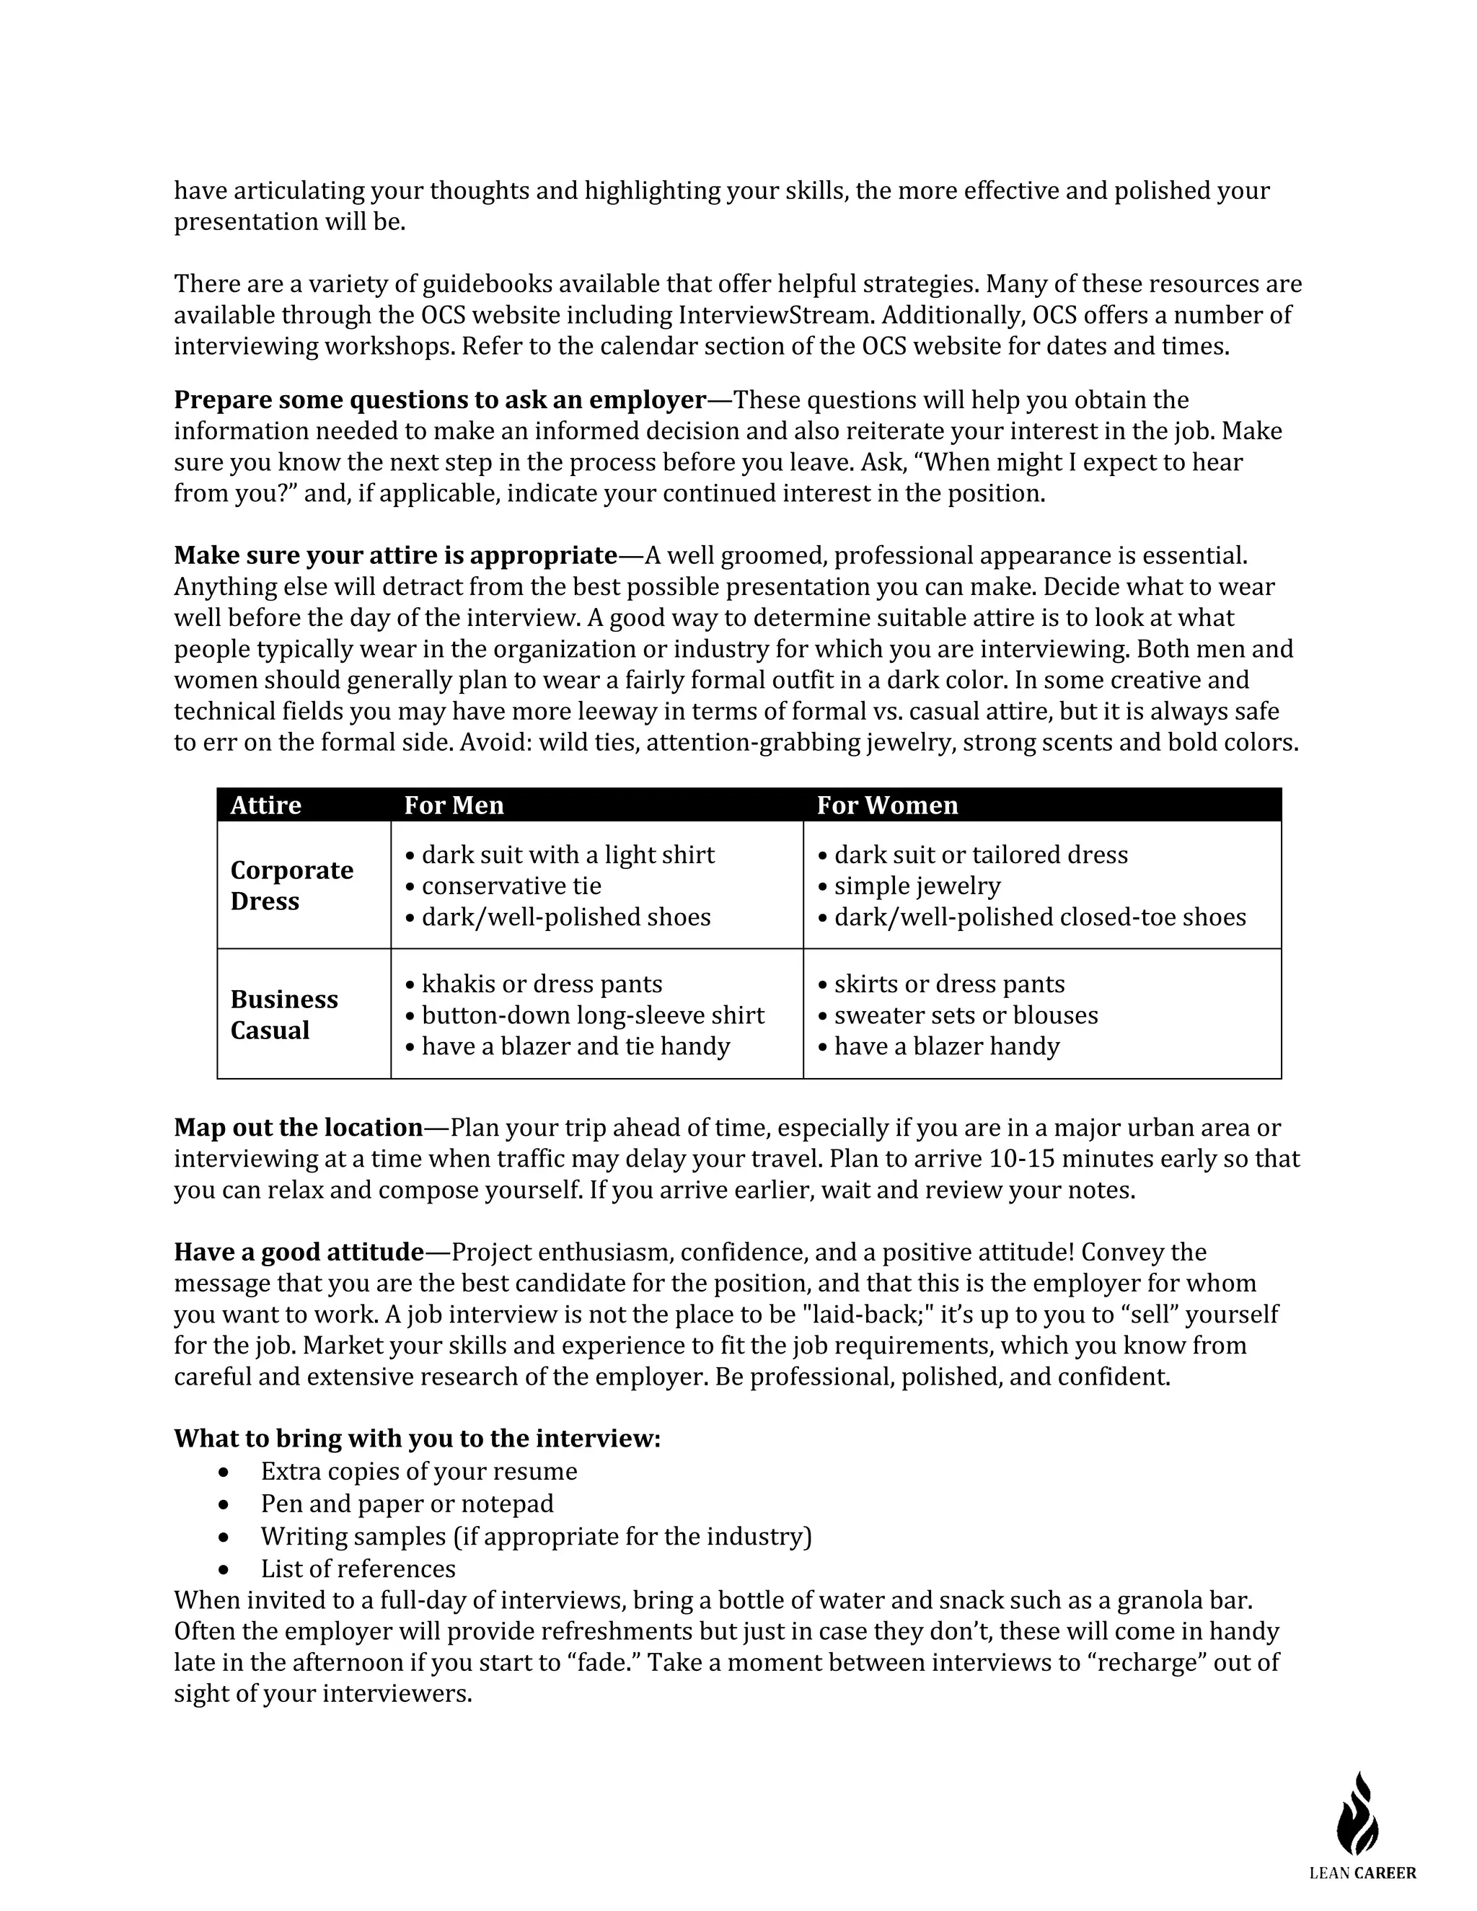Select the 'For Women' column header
[x=886, y=805]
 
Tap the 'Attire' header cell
[x=265, y=805]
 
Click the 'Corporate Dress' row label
[x=291, y=886]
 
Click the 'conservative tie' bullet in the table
[x=511, y=886]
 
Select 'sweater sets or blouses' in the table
[x=965, y=1015]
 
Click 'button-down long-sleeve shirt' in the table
[x=592, y=1015]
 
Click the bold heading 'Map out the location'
[x=299, y=1127]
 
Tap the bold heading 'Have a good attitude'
[x=299, y=1252]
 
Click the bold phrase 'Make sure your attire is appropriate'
[x=395, y=555]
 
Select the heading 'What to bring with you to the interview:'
[x=417, y=1439]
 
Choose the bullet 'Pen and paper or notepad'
[x=407, y=1504]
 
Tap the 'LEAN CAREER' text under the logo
[x=1362, y=1873]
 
